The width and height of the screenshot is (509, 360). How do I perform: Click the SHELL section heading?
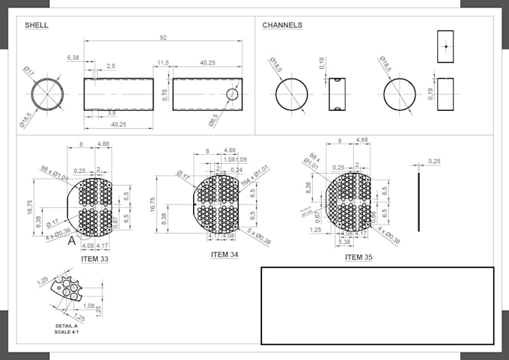[37, 25]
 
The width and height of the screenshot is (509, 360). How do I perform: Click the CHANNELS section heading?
[282, 25]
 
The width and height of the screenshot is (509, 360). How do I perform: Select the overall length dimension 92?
[162, 37]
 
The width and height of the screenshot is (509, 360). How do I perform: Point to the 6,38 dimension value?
[73, 58]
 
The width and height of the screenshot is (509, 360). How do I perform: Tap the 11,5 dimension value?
[163, 64]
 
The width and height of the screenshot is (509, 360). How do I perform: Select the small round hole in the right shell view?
[232, 94]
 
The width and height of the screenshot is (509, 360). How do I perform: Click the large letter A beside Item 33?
[72, 242]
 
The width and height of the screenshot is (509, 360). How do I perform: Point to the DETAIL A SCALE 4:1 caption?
[71, 329]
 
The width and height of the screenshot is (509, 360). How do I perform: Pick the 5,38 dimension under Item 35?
[344, 242]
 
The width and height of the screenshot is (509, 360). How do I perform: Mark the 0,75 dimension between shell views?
[165, 94]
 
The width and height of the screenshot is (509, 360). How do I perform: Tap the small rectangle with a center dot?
[445, 46]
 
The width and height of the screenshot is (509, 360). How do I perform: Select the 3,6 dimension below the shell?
[111, 113]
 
